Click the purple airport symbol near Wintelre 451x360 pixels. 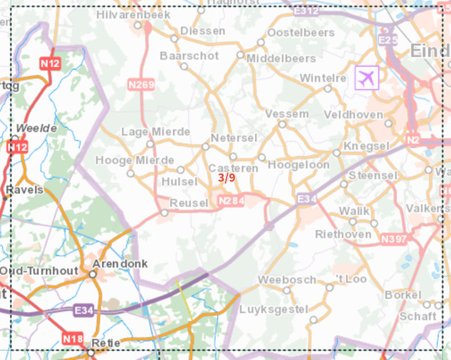[x=367, y=78]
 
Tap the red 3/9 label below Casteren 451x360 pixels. [x=227, y=178]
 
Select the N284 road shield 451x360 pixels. [x=230, y=201]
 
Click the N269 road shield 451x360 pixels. [x=141, y=84]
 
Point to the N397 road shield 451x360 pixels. [x=393, y=239]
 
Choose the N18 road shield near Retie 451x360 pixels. [x=72, y=339]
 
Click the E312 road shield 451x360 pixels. [x=306, y=11]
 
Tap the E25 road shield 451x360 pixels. [x=388, y=41]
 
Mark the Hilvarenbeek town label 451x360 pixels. [x=125, y=14]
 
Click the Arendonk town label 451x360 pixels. [x=120, y=264]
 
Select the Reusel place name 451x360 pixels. [x=189, y=203]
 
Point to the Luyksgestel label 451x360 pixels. [x=283, y=309]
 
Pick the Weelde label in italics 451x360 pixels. [x=36, y=128]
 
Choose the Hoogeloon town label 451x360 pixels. [x=298, y=165]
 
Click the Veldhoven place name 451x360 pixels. [x=353, y=115]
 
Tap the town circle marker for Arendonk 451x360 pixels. [x=93, y=274]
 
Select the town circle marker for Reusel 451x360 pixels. [x=164, y=213]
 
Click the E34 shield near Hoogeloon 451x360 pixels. [x=307, y=198]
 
